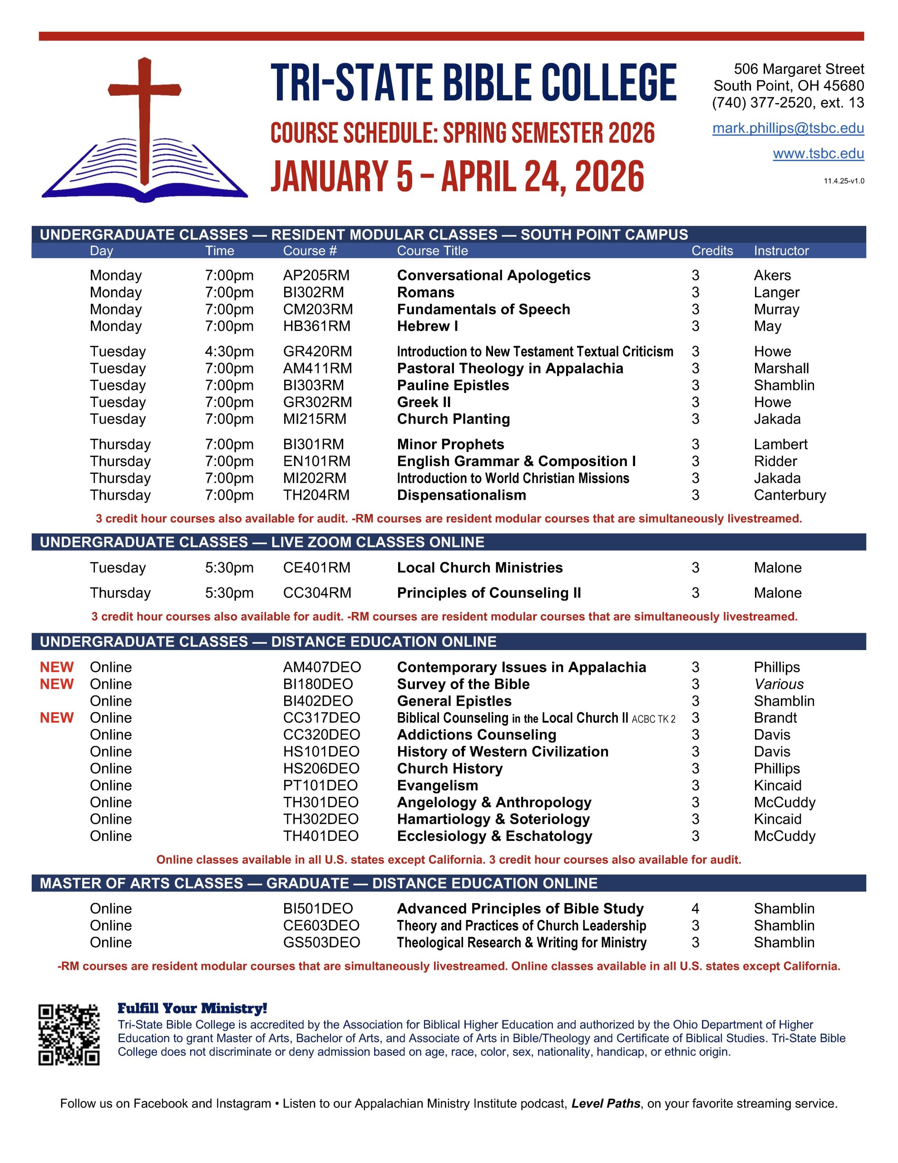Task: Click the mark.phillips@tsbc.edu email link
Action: (788, 128)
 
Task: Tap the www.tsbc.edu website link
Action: (818, 154)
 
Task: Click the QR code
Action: (69, 1035)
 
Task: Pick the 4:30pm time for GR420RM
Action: (229, 352)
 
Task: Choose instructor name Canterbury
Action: (789, 495)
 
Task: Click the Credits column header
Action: (712, 251)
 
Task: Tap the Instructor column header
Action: (781, 251)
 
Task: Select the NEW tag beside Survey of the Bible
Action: (57, 684)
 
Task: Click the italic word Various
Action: (779, 684)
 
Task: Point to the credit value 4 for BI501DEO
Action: (695, 909)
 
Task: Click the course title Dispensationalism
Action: (462, 495)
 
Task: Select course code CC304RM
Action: (317, 593)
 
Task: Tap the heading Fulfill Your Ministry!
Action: (192, 1008)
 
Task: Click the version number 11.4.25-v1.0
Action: (844, 181)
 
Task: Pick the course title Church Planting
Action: (454, 419)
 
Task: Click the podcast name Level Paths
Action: (605, 1104)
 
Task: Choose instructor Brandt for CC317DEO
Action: (775, 718)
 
